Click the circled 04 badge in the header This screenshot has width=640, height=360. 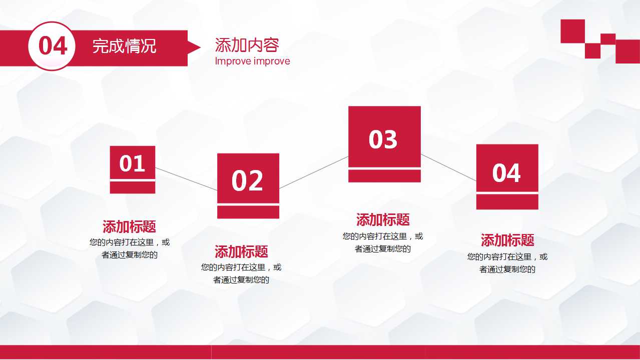pyautogui.click(x=52, y=46)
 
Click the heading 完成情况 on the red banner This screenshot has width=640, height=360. pyautogui.click(x=124, y=46)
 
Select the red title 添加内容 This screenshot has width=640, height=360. pyautogui.click(x=246, y=45)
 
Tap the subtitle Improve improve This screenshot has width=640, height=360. pyautogui.click(x=252, y=61)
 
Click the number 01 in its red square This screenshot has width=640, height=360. pyautogui.click(x=132, y=163)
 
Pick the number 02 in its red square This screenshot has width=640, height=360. pyautogui.click(x=247, y=180)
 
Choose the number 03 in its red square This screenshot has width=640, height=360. pyautogui.click(x=383, y=139)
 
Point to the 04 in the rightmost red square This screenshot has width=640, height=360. pyautogui.click(x=506, y=173)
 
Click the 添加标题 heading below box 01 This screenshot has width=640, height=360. pyautogui.click(x=129, y=227)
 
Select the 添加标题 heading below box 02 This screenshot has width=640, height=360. pyautogui.click(x=241, y=251)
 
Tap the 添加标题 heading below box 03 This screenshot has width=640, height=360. pyautogui.click(x=383, y=219)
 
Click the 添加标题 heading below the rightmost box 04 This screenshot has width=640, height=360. pyautogui.click(x=507, y=240)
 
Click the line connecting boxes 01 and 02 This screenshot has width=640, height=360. pyautogui.click(x=186, y=179)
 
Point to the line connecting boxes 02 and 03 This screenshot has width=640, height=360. pyautogui.click(x=314, y=172)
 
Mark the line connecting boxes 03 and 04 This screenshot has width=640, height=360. pyautogui.click(x=448, y=167)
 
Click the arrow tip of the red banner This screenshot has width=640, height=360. pyautogui.click(x=195, y=47)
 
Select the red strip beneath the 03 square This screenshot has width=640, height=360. pyautogui.click(x=384, y=176)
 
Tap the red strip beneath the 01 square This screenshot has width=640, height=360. pyautogui.click(x=132, y=187)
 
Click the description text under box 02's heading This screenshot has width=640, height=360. pyautogui.click(x=241, y=273)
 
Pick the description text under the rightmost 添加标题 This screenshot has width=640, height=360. pyautogui.click(x=507, y=263)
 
